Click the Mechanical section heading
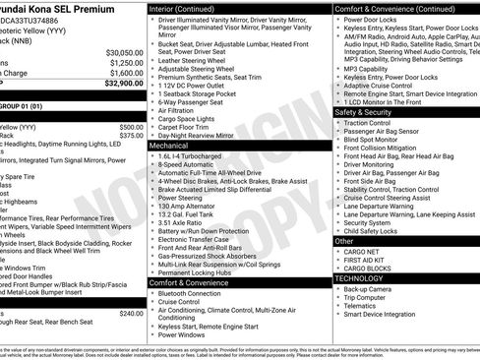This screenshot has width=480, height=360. [168, 145]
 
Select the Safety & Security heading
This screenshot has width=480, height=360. [363, 112]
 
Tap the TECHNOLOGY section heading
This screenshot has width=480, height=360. [361, 278]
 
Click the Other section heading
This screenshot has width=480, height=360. [345, 240]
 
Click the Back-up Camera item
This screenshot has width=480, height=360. [369, 289]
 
